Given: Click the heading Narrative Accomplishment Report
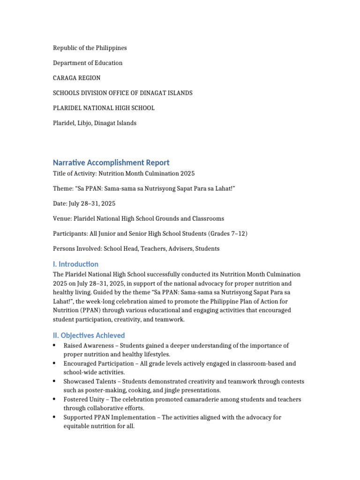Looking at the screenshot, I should (x=111, y=163).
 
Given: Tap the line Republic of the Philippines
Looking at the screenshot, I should (x=90, y=48).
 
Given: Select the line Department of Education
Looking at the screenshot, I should (x=88, y=63).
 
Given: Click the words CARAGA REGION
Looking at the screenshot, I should (x=76, y=78).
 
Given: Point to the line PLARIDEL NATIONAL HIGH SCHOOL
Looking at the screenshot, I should (x=104, y=108).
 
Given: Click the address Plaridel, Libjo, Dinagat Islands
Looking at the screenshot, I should (x=95, y=123).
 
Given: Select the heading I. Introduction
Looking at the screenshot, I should (x=75, y=264).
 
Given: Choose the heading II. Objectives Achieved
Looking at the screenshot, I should (x=89, y=335).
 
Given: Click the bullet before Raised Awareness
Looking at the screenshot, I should (x=55, y=345).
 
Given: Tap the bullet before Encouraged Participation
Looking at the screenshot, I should (x=55, y=363).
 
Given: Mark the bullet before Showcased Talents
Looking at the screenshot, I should (x=55, y=382).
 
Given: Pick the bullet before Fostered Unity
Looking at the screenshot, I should (x=55, y=399).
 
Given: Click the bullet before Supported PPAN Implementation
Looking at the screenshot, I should (x=55, y=417).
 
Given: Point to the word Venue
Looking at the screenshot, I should (x=62, y=218).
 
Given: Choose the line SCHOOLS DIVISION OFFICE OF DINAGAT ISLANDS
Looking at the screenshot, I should (x=123, y=93).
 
